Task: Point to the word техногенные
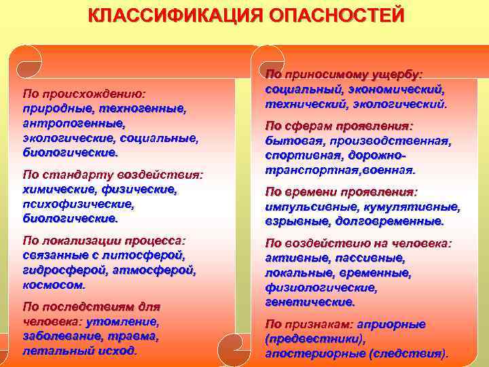(142, 109)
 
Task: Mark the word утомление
(126, 322)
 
